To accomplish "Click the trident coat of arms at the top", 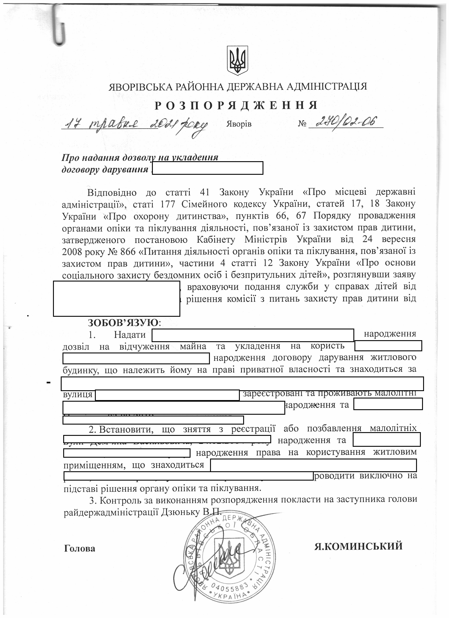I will click(237, 60).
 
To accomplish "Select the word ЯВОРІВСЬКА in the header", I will click(141, 87).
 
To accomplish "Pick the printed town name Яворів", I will click(239, 124).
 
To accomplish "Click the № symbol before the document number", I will click(302, 124).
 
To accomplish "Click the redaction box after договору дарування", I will click(207, 168).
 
